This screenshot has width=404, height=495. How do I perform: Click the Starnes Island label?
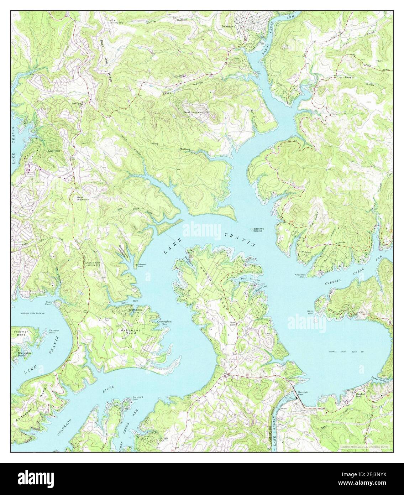(x=257, y=230)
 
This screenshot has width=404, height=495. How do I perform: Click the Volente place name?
(x=306, y=252)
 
